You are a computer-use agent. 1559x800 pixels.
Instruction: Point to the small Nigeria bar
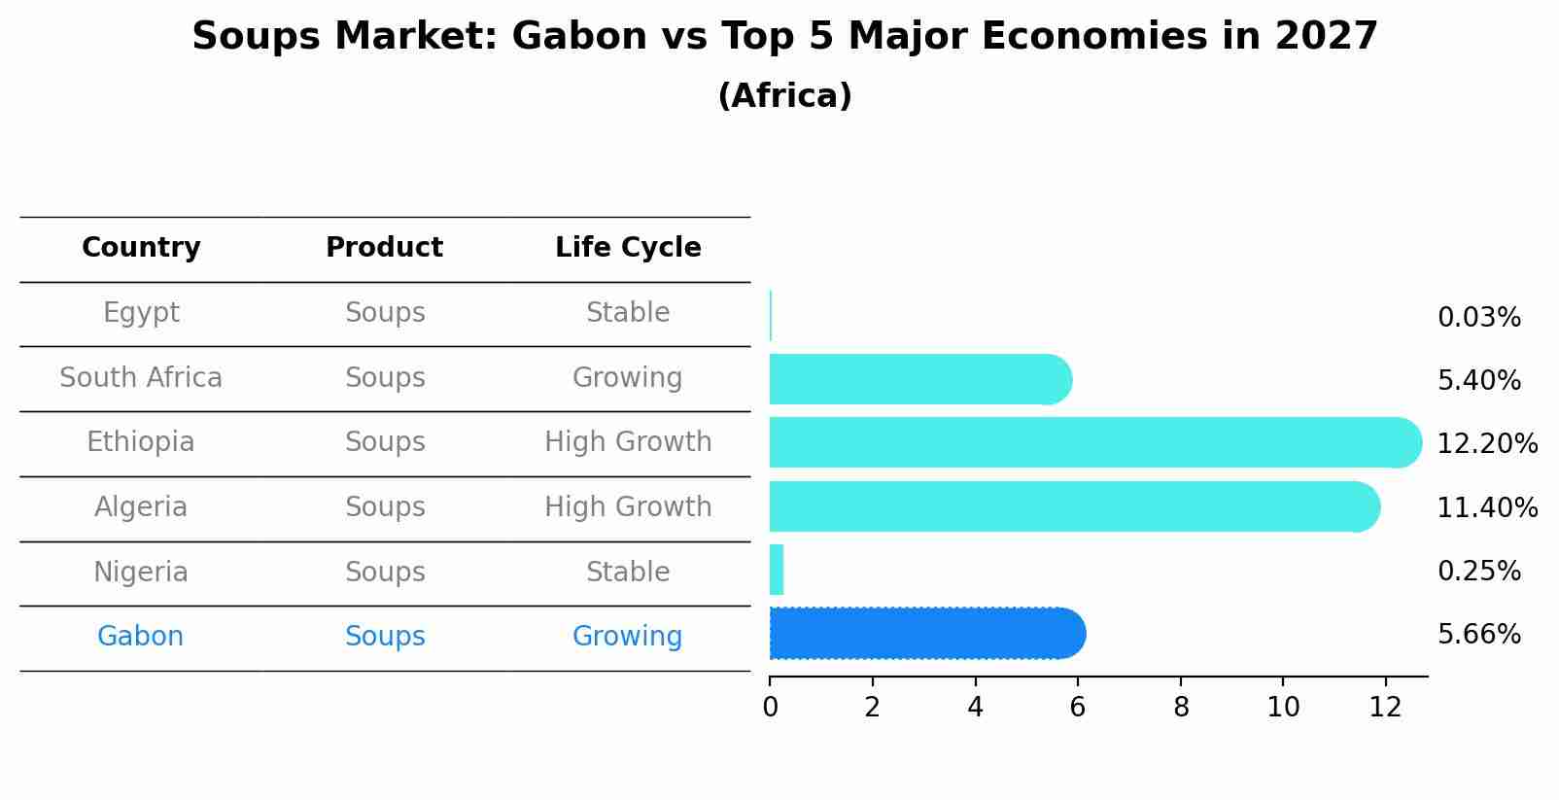click(x=777, y=570)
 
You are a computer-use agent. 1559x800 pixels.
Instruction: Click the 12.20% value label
click(x=1487, y=444)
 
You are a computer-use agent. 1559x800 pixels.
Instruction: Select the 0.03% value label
click(x=1478, y=318)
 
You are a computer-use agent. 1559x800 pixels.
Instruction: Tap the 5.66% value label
click(x=1478, y=635)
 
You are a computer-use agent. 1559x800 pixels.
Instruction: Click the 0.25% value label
click(x=1478, y=572)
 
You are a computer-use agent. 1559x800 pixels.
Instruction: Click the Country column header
click(x=141, y=248)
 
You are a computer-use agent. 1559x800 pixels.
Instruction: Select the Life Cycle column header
click(x=628, y=248)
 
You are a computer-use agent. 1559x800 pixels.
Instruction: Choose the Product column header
click(x=384, y=248)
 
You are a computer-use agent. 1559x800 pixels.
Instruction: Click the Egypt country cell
click(x=141, y=313)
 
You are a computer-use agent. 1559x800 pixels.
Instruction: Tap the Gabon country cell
click(x=140, y=637)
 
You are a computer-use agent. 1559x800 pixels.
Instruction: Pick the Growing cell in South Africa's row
click(x=627, y=378)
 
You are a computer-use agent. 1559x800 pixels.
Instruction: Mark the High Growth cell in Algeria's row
click(x=628, y=507)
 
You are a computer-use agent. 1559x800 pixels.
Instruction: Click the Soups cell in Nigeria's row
click(x=385, y=573)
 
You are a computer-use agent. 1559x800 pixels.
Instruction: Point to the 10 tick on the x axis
click(x=1283, y=708)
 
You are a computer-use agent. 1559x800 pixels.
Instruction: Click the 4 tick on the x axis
click(x=975, y=708)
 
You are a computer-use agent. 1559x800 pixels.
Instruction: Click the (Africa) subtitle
click(x=784, y=96)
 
